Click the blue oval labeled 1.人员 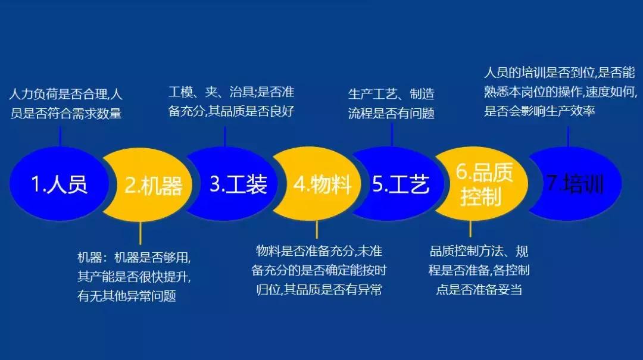tap(58, 184)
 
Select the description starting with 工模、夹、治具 tap(232, 102)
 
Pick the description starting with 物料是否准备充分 tap(319, 271)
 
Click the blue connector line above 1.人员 tap(60, 136)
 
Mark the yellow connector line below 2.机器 tap(140, 233)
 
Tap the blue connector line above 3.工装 tap(224, 135)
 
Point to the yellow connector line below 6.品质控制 tap(470, 229)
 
